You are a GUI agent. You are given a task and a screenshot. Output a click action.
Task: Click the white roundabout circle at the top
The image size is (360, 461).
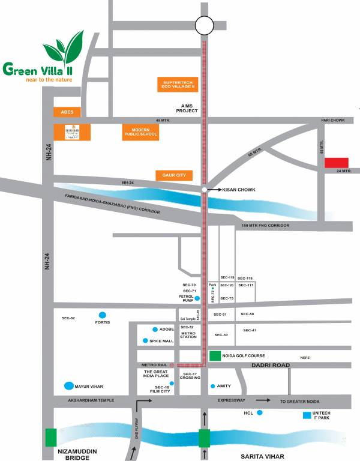tap(204, 25)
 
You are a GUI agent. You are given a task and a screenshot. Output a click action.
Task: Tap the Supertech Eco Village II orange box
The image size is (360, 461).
tap(179, 85)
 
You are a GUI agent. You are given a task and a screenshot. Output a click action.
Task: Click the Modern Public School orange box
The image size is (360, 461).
tap(140, 132)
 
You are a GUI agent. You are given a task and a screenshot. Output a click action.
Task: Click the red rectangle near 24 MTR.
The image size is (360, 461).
tap(337, 163)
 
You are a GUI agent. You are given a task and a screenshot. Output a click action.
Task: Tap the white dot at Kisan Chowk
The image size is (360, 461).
tap(205, 190)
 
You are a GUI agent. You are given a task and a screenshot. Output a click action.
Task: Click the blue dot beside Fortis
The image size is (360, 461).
tap(103, 315)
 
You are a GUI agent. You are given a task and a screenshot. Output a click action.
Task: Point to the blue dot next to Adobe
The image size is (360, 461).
tap(155, 329)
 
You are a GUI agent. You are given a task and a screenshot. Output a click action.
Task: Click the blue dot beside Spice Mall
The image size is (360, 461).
tap(145, 340)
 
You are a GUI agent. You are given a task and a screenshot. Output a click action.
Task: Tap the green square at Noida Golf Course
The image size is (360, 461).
tap(215, 356)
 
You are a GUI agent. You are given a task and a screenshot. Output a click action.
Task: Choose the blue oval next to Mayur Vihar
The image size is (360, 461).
tap(70, 386)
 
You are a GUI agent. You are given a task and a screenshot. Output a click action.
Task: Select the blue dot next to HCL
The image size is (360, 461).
tap(259, 412)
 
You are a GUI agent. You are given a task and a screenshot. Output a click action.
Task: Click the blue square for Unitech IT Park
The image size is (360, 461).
tap(307, 415)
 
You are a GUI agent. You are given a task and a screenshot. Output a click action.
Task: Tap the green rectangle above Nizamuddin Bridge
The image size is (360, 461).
tap(51, 437)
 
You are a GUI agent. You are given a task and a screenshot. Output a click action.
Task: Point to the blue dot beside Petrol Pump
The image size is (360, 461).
tap(197, 298)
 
